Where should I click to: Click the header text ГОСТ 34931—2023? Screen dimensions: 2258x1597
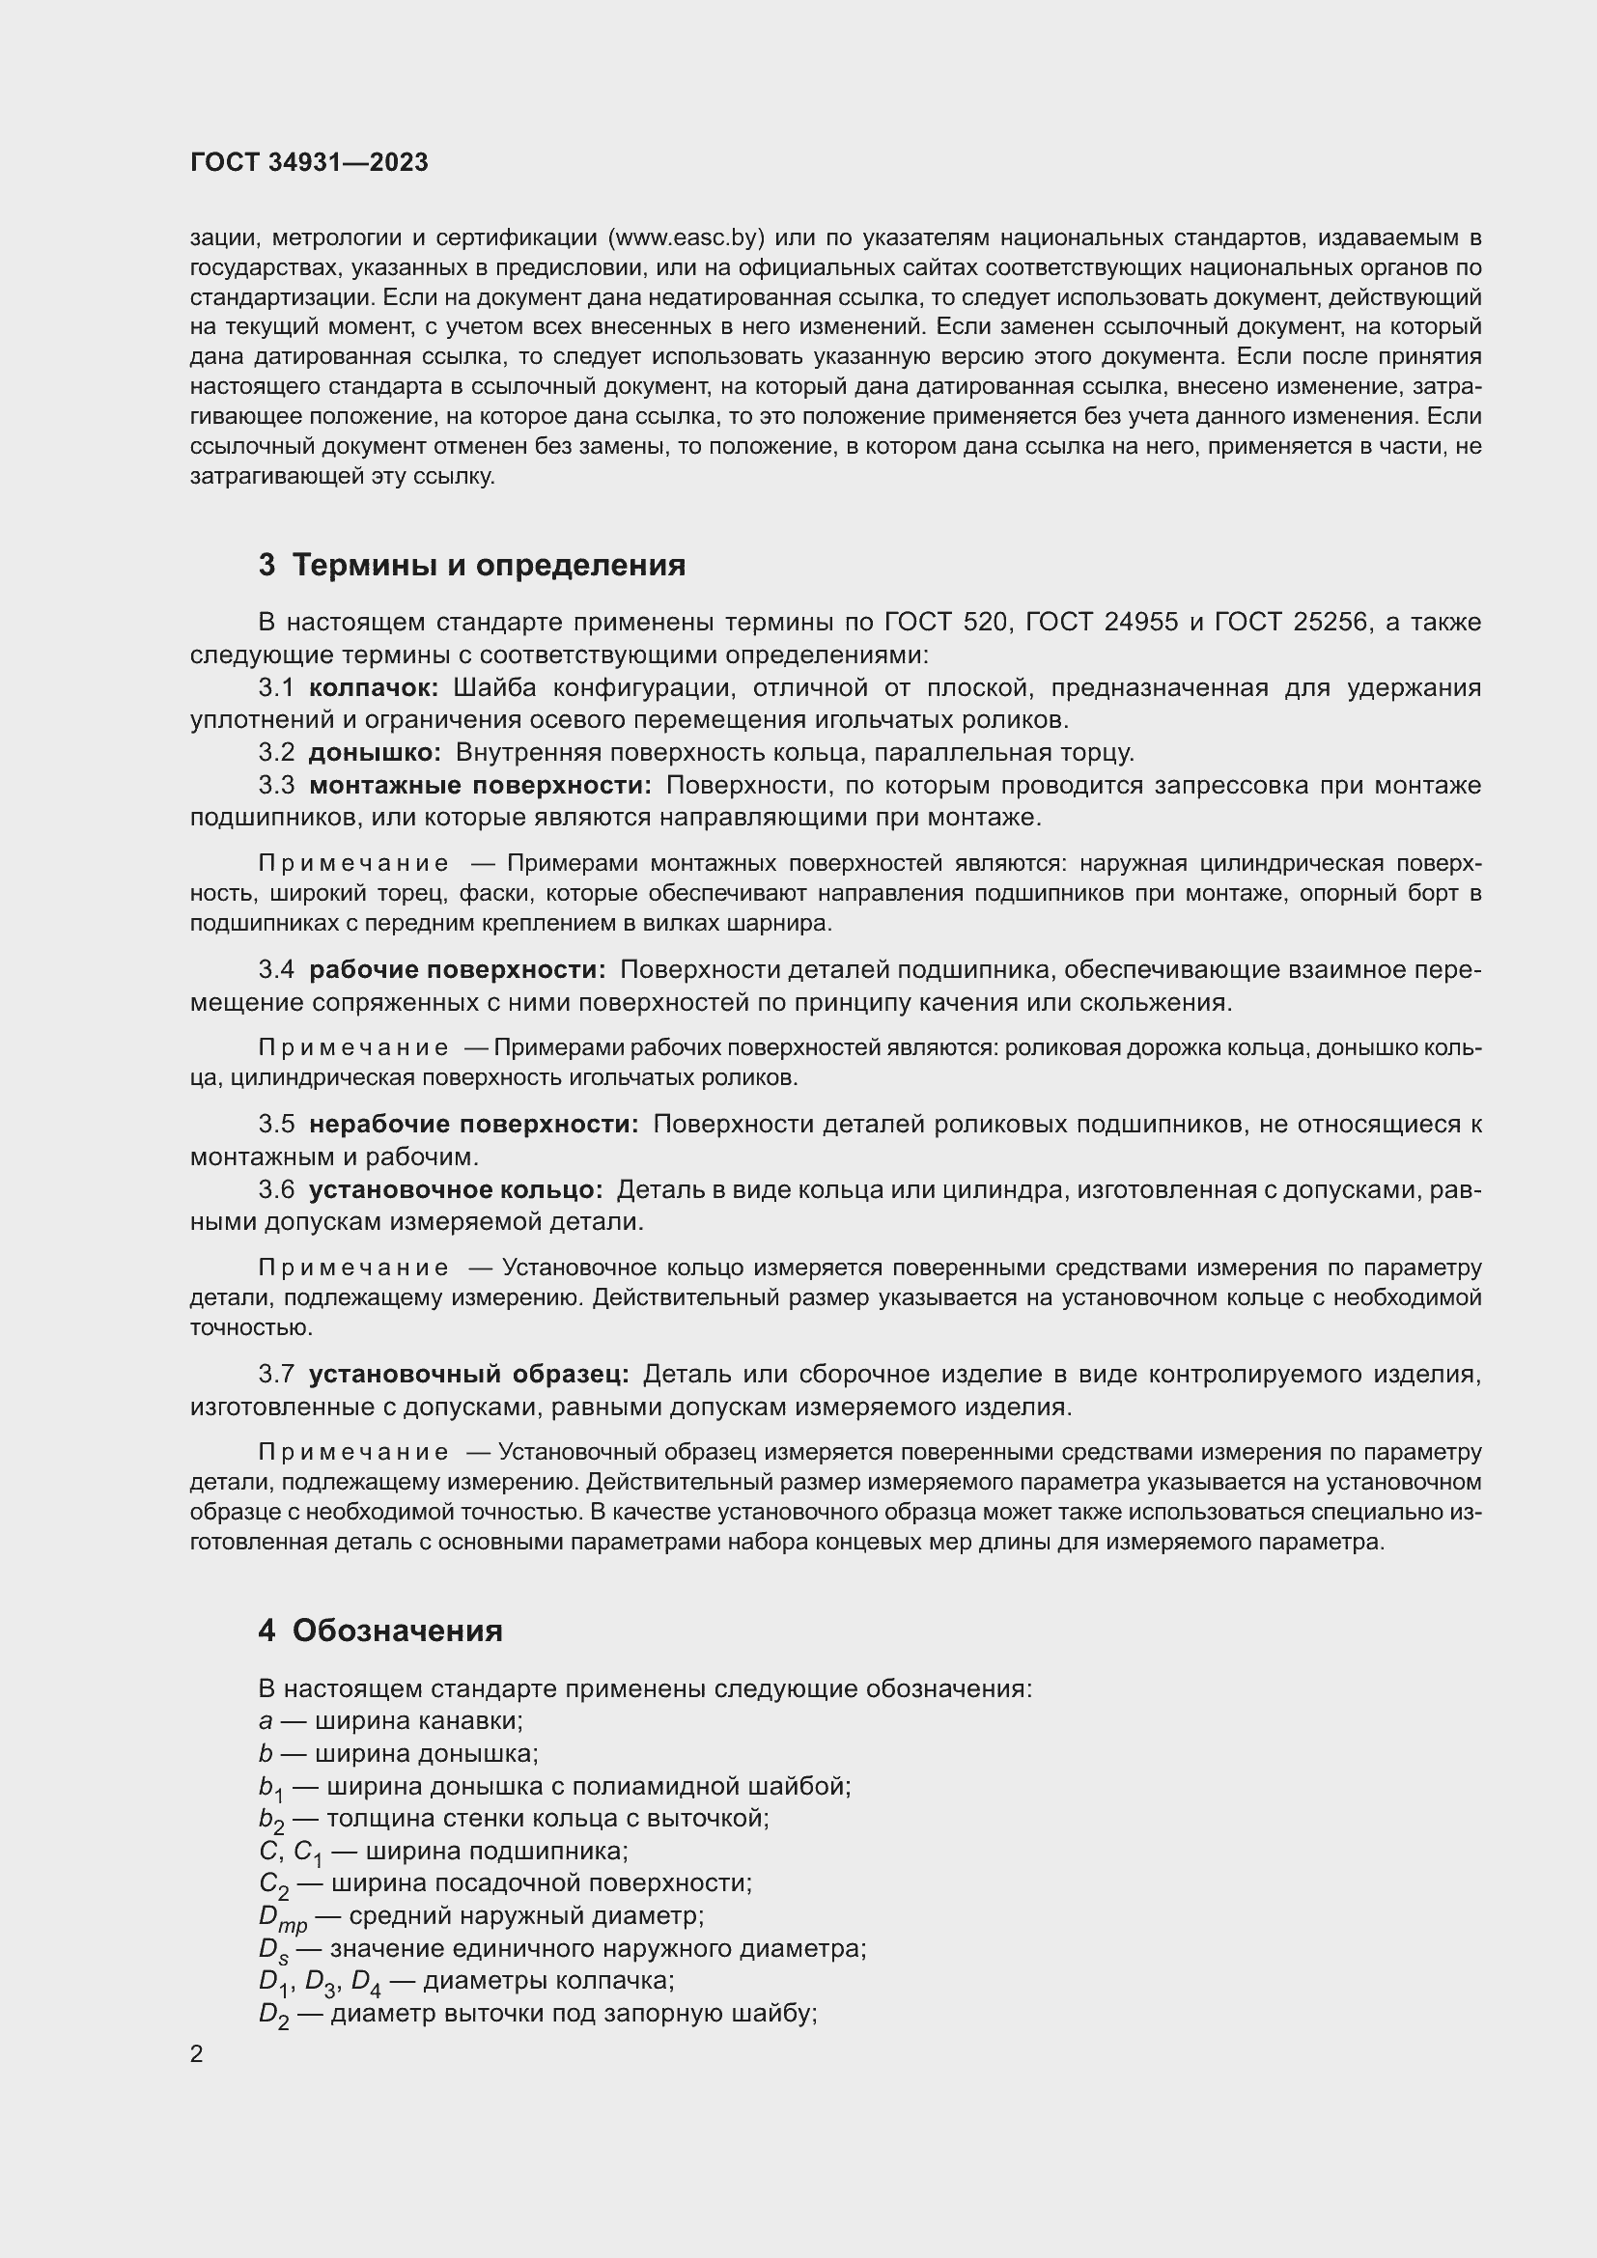point(309,163)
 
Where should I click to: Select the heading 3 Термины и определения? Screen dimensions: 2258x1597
point(472,566)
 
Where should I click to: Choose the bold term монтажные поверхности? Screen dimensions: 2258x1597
point(480,786)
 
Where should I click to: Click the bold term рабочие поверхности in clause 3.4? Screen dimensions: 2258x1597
point(458,969)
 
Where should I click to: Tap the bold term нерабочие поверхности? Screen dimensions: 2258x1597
point(473,1124)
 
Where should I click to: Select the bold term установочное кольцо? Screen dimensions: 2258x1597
point(456,1190)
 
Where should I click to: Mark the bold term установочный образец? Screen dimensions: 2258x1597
point(468,1374)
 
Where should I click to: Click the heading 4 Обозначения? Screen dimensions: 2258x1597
point(380,1631)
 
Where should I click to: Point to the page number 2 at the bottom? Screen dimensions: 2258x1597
point(197,2054)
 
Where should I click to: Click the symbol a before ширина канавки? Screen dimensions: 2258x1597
point(265,1722)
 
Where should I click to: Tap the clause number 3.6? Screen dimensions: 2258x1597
point(276,1190)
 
